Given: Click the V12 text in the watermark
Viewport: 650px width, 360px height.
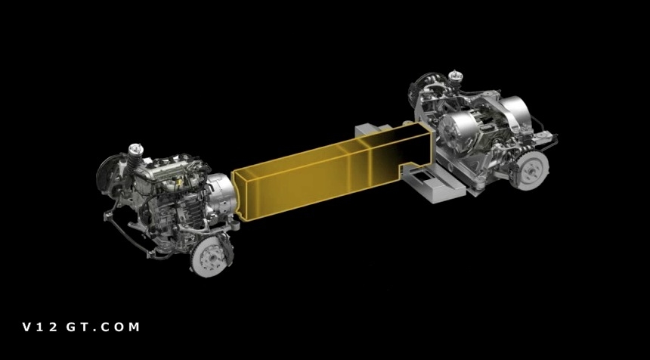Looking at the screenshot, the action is click(40, 327).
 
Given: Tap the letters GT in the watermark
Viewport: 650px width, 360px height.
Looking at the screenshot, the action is click(76, 327).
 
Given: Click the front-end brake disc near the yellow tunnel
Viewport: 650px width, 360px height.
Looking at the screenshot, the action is click(209, 257).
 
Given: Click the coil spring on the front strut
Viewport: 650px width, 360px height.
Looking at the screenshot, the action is click(134, 163).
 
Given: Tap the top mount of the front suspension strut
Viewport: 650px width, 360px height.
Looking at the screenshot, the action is click(135, 148).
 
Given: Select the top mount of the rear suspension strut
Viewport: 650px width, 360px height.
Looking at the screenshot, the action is click(455, 76).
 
